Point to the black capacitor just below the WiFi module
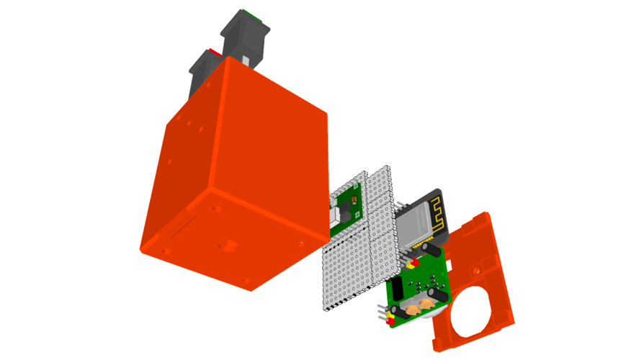click(x=432, y=249)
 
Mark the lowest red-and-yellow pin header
click(x=390, y=316)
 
